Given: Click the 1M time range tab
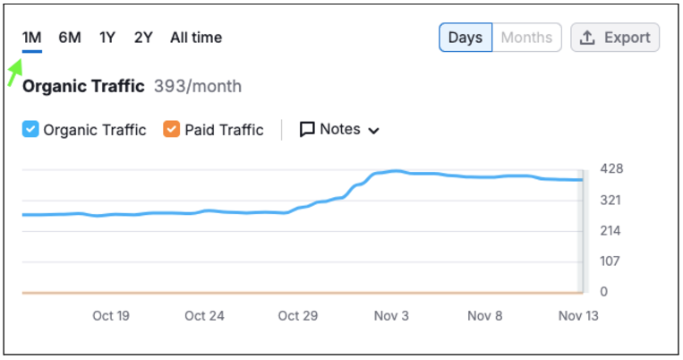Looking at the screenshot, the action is point(32,38).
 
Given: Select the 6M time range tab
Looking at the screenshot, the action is point(70,38).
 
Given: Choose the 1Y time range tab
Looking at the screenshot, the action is point(107,38).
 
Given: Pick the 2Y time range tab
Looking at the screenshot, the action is point(143,38).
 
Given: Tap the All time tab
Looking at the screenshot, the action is point(196,38).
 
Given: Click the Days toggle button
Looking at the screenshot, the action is point(465,38).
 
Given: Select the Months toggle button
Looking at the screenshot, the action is point(526,38).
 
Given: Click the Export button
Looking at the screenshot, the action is point(615,38).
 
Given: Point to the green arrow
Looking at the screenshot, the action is point(15,73).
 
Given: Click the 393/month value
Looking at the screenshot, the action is point(198,86).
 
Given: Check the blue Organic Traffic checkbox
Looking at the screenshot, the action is point(30,130).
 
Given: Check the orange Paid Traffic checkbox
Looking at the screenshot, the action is point(171,130).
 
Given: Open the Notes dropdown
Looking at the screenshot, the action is point(339,130).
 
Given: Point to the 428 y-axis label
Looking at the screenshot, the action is point(611,168).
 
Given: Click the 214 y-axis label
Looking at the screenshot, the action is point(610,230).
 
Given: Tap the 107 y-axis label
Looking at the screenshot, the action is point(610,261).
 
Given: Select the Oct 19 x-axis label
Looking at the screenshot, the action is point(111,315).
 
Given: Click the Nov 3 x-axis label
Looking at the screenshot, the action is point(391,315).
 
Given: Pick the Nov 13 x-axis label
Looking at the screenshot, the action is point(578,315).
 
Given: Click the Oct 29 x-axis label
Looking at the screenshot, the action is point(298,315).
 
